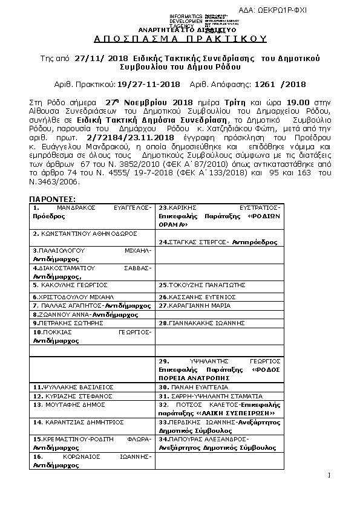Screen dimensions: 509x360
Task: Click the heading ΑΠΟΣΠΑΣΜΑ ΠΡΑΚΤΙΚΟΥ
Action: (x=180, y=38)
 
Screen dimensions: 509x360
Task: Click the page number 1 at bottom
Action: (x=329, y=475)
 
